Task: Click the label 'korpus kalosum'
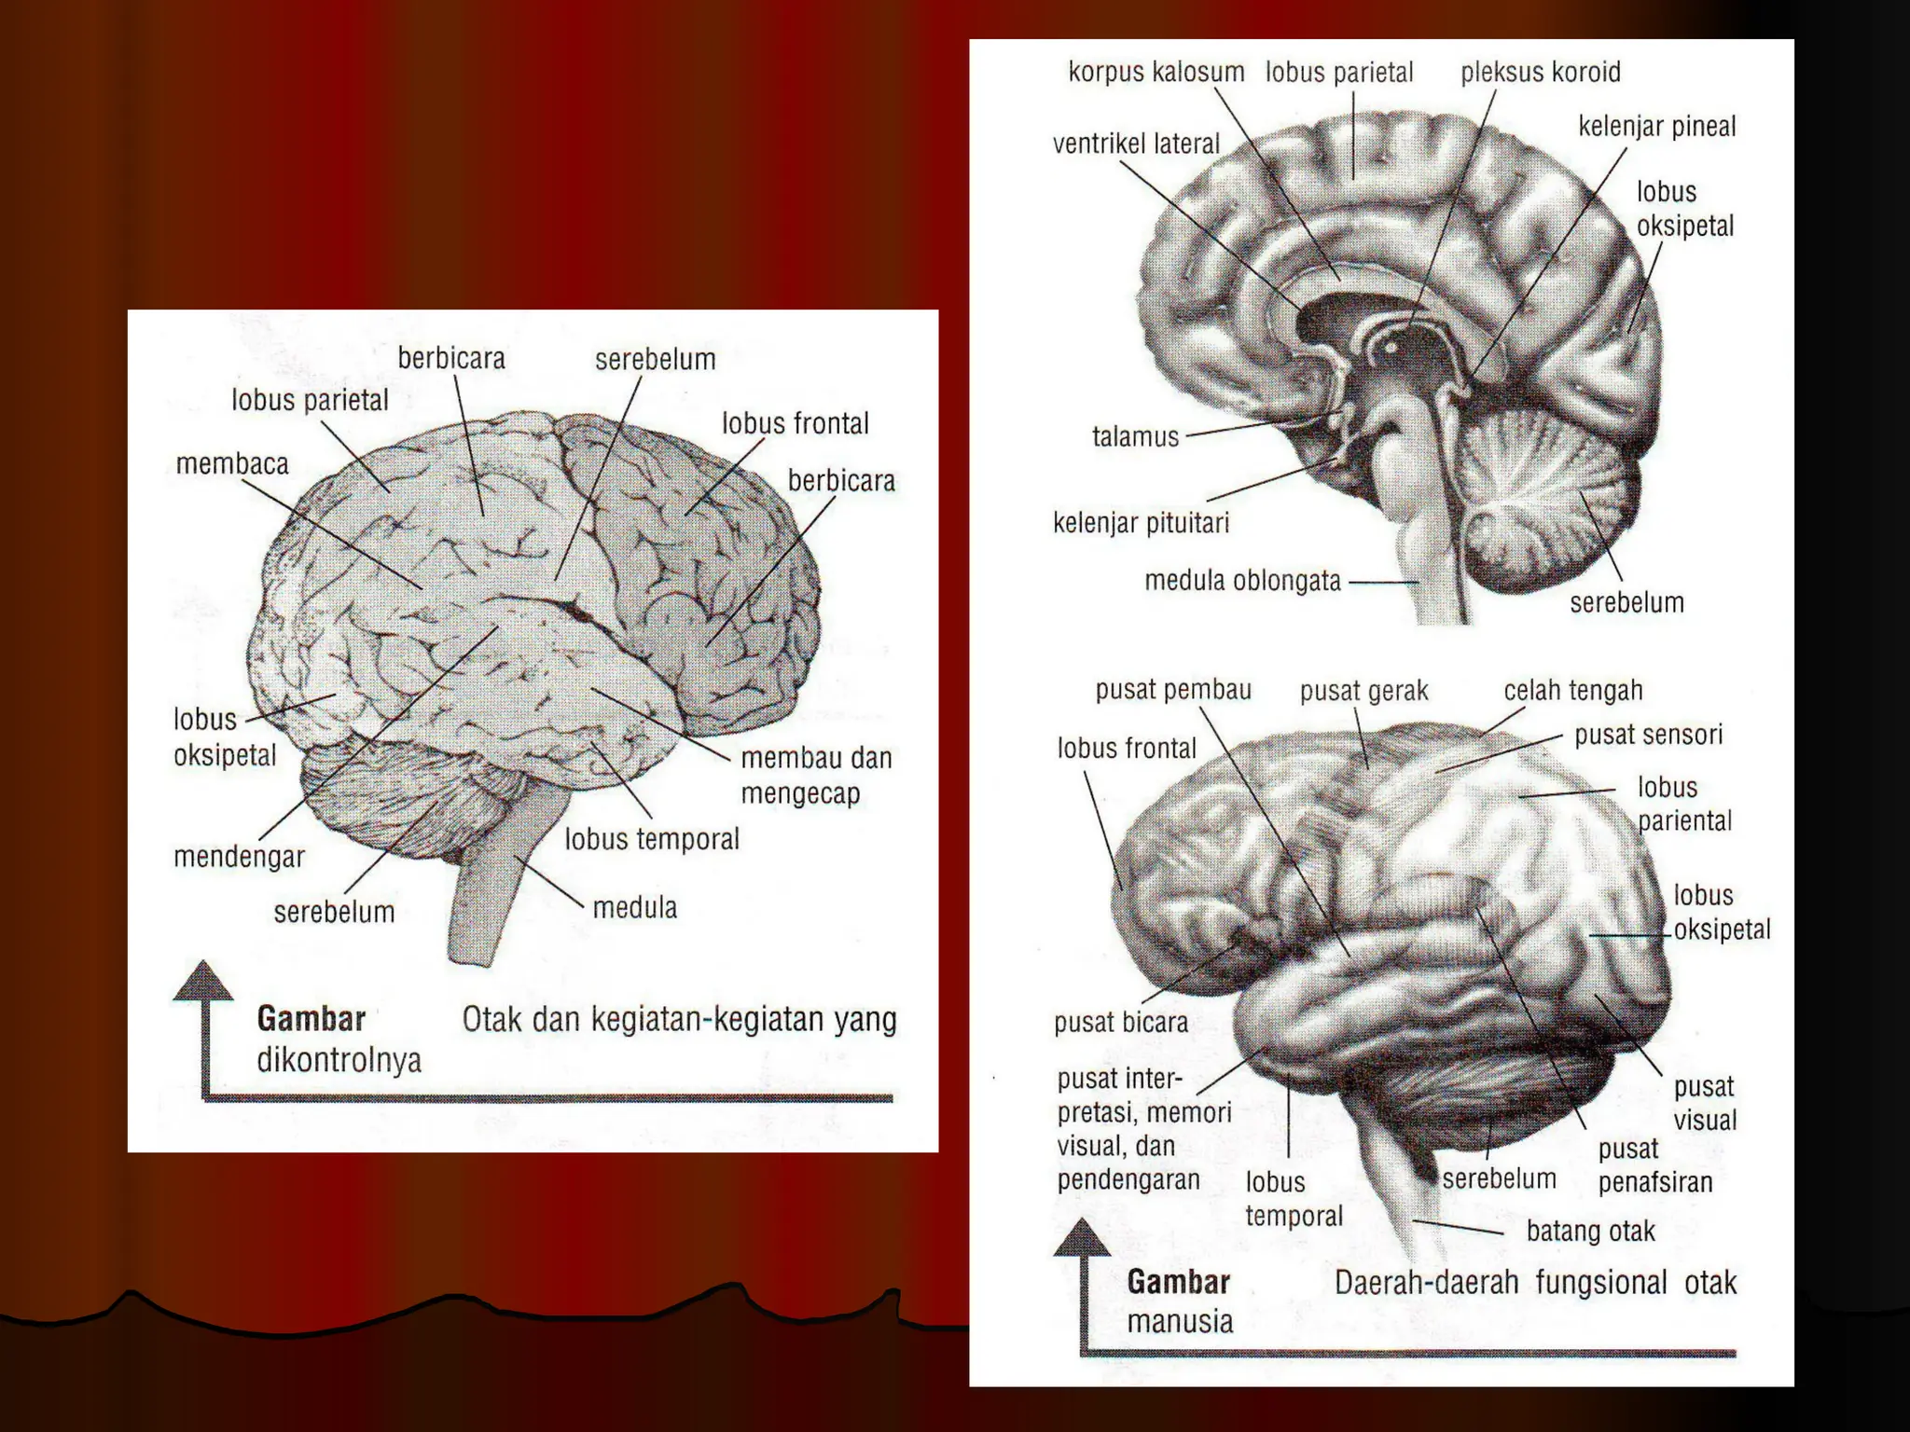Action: [x=1156, y=72]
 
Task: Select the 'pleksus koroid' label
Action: [x=1540, y=72]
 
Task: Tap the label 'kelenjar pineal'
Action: [x=1656, y=126]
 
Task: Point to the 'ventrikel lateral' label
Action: [x=1136, y=144]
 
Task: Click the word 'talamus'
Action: [x=1135, y=436]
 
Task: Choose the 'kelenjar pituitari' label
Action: [x=1141, y=523]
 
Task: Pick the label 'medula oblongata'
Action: [x=1242, y=581]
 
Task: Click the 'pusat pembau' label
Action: [x=1172, y=690]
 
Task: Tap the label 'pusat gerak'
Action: [x=1363, y=691]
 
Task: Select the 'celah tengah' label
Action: [x=1572, y=691]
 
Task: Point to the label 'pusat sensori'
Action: [x=1648, y=735]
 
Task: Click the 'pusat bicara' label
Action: [x=1120, y=1023]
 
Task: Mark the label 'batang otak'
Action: [x=1590, y=1232]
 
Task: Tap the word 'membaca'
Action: [x=232, y=463]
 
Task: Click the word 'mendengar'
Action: [x=239, y=857]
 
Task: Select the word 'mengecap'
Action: [x=800, y=794]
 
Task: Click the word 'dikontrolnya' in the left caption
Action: [x=339, y=1060]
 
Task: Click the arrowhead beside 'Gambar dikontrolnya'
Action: [x=203, y=980]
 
